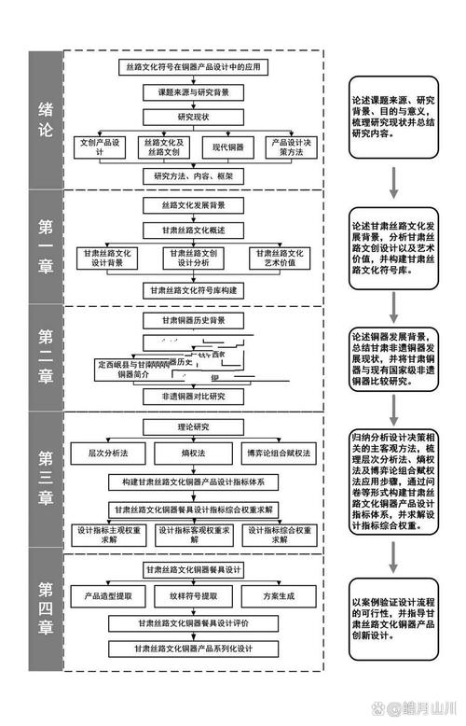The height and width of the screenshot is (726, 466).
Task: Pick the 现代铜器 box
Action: tap(226, 147)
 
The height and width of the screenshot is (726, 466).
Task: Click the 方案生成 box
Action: tap(277, 595)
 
